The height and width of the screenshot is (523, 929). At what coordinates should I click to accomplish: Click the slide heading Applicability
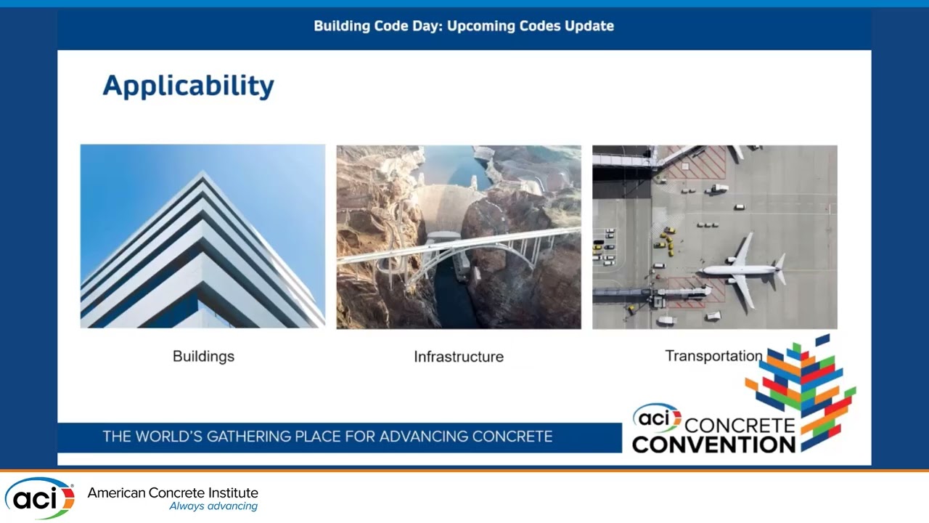coord(188,86)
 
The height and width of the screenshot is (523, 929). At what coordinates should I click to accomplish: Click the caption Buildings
coord(203,356)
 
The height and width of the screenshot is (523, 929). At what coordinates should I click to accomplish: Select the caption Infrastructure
coord(458,357)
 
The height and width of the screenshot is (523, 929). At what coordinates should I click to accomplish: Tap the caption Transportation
coord(713,356)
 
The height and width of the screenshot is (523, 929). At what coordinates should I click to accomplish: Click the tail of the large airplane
coord(779,269)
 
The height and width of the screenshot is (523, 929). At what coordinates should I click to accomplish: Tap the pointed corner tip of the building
coord(204,174)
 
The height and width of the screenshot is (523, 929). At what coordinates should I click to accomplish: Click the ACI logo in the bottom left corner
coord(39,498)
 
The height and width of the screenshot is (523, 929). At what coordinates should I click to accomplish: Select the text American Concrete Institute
coord(173,493)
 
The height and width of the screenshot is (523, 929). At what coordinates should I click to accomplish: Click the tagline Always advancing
coord(213,506)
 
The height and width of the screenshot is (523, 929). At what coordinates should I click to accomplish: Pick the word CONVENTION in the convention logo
coord(713,443)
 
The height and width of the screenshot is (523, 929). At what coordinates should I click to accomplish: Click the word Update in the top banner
coord(590,26)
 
